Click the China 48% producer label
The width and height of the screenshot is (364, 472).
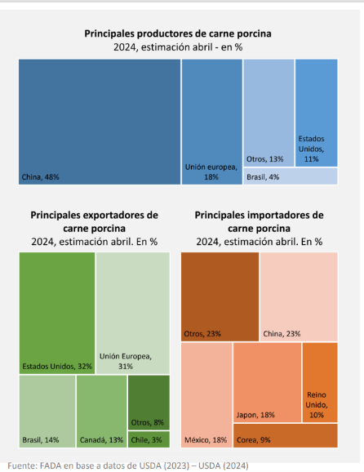40,177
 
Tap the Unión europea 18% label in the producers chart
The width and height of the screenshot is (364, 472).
211,171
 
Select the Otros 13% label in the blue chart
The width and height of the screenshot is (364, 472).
265,159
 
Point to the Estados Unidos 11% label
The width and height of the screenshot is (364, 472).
311,149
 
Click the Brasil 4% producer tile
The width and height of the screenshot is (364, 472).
291,176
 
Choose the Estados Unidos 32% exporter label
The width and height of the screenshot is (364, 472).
57,367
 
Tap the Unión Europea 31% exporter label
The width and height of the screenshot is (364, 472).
126,361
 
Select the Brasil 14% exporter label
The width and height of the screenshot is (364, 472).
41,440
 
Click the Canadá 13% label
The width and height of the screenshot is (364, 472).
101,440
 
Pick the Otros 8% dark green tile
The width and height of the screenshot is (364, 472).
149,403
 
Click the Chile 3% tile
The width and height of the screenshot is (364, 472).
149,439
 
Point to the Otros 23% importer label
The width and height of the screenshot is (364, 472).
202,334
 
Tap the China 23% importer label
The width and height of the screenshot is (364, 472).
282,334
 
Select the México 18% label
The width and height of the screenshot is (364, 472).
206,440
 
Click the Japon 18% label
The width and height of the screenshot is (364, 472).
255,415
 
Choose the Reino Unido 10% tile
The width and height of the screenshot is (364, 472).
320,382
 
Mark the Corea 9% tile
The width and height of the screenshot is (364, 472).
286,435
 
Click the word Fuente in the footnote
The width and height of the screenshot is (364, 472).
22,465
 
